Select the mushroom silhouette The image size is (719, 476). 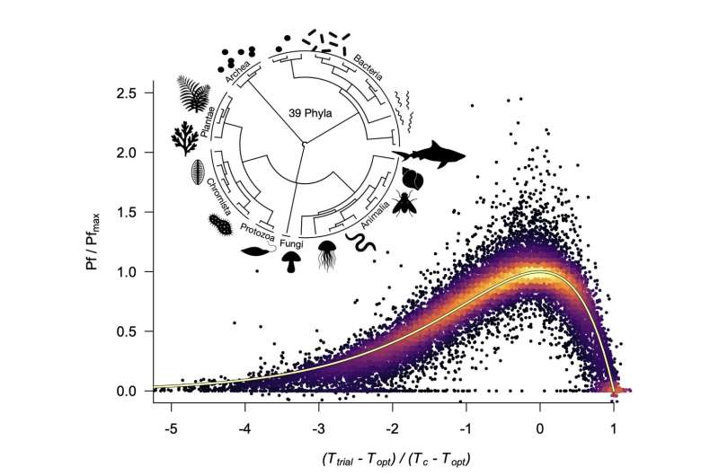[289, 261]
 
